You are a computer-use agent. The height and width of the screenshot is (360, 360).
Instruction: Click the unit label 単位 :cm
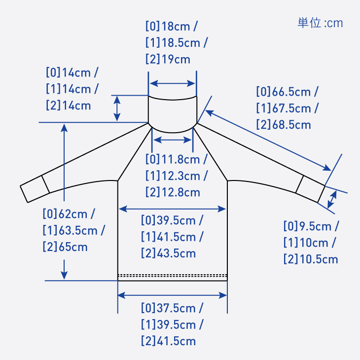pos(320,23)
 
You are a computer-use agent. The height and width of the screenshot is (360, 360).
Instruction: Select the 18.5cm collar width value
pos(181,43)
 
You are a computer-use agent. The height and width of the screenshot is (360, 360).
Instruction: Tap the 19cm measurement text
pos(176,60)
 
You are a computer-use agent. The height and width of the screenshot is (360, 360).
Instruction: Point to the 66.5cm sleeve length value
pos(291,92)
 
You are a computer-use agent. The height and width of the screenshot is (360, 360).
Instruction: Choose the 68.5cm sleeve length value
pos(291,125)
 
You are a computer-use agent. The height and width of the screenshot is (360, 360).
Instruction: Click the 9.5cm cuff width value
pos(315,226)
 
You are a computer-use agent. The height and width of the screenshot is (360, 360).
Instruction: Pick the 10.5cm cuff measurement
pos(319,259)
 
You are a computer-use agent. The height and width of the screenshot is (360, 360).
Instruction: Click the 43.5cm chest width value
pos(177,253)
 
